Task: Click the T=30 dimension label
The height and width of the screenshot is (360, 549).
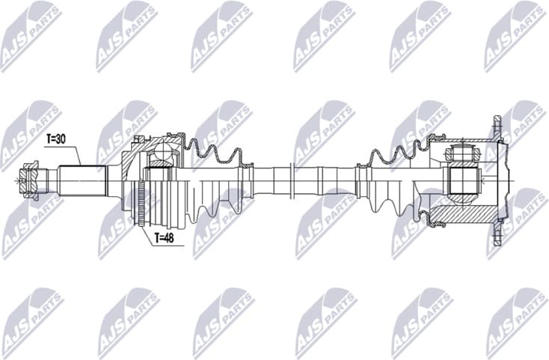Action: pyautogui.click(x=57, y=138)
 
